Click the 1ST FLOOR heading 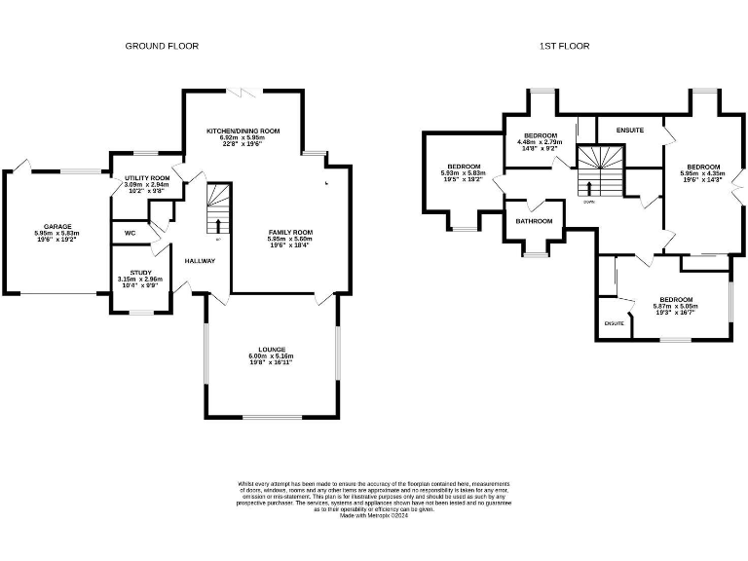pyautogui.click(x=566, y=46)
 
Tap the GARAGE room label pyautogui.click(x=56, y=226)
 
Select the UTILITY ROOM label pyautogui.click(x=146, y=178)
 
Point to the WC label pyautogui.click(x=130, y=233)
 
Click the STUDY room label pyautogui.click(x=140, y=272)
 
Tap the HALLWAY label pyautogui.click(x=200, y=260)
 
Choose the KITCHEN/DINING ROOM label pyautogui.click(x=243, y=131)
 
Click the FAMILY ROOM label pyautogui.click(x=290, y=232)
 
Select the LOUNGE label pyautogui.click(x=272, y=348)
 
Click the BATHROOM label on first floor pyautogui.click(x=534, y=221)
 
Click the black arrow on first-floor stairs pyautogui.click(x=588, y=187)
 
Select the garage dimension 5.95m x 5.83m pyautogui.click(x=56, y=234)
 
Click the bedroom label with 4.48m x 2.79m pyautogui.click(x=540, y=134)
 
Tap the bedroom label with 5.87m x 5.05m pyautogui.click(x=675, y=299)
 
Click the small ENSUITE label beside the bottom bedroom pyautogui.click(x=614, y=322)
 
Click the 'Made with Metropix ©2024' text pyautogui.click(x=373, y=516)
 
